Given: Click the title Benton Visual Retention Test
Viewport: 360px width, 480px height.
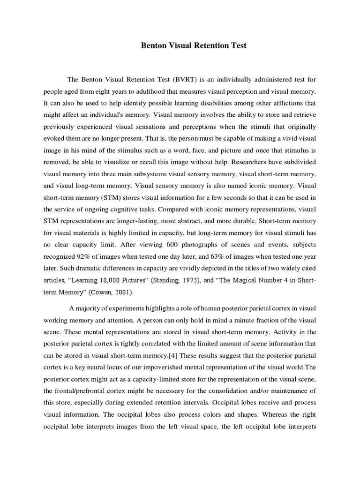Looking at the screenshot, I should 194,46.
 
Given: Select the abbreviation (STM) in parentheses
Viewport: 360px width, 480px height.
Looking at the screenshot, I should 108,197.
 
